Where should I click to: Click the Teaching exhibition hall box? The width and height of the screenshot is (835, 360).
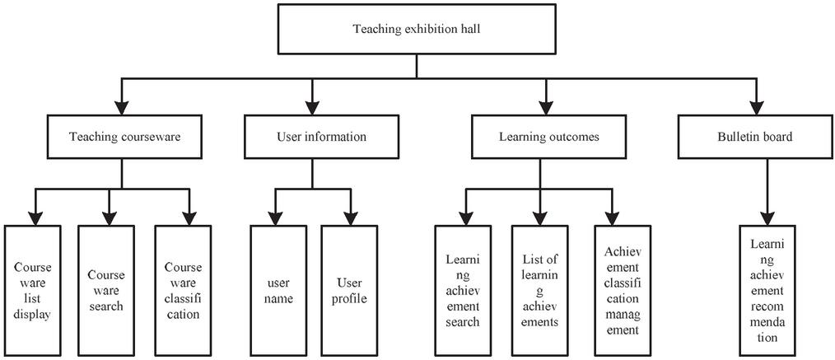click(416, 30)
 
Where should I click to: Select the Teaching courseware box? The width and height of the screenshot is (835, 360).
click(123, 137)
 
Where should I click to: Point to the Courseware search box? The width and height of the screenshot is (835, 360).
click(105, 291)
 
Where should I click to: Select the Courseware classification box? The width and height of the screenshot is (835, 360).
click(183, 291)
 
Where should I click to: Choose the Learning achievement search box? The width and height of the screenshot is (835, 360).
click(462, 291)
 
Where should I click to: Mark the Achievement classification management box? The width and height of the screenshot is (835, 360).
click(622, 291)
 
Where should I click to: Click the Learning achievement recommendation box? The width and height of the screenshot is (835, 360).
click(767, 291)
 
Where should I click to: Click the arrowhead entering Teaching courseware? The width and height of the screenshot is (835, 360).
click(123, 107)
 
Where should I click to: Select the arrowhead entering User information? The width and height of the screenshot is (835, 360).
click(310, 107)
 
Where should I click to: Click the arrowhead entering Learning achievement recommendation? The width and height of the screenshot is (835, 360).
click(767, 216)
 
